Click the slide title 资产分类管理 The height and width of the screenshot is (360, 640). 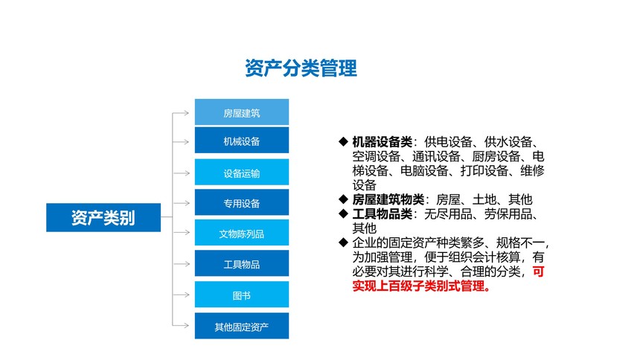301,68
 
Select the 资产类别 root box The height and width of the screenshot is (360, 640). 103,217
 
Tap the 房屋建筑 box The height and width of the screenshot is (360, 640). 242,112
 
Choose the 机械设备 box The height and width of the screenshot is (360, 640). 242,141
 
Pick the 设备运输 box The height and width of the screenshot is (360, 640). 242,173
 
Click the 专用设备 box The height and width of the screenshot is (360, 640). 242,202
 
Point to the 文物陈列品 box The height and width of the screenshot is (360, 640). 242,233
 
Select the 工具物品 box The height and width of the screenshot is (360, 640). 242,263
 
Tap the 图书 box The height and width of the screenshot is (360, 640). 242,295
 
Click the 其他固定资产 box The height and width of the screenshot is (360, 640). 242,326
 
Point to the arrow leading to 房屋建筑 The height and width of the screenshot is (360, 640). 181,113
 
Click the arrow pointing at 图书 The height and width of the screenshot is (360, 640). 181,295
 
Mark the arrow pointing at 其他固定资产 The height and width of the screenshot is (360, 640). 181,325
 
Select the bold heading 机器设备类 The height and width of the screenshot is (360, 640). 383,142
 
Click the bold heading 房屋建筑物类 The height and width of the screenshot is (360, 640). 388,199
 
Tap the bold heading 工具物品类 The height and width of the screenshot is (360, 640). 383,214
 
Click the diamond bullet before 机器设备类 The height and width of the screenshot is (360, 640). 343,141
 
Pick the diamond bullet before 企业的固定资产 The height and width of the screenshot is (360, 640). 343,242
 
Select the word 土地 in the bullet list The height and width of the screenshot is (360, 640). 484,199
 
